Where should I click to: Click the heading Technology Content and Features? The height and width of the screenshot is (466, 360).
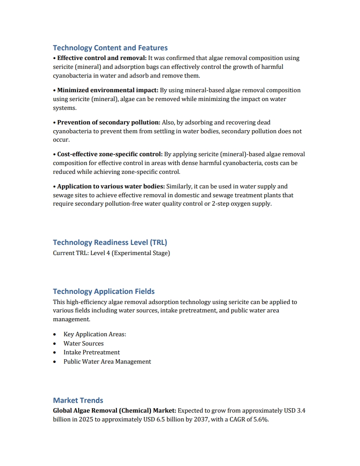[x=110, y=48]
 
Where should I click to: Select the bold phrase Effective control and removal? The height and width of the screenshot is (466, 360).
[x=101, y=58]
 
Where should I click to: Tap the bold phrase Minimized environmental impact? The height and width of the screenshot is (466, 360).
[x=108, y=90]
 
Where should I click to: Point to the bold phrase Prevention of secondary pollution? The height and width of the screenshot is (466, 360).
[x=109, y=122]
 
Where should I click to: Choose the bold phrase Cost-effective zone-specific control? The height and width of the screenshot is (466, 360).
[x=110, y=154]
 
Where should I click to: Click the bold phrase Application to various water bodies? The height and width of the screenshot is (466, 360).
[x=111, y=186]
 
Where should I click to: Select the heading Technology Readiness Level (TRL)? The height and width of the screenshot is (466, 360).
[x=110, y=242]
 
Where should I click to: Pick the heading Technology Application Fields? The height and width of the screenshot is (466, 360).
[x=104, y=291]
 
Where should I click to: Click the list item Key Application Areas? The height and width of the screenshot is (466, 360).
[x=95, y=334]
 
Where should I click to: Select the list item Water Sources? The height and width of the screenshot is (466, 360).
[x=83, y=343]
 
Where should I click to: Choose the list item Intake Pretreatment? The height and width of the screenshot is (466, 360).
[x=91, y=352]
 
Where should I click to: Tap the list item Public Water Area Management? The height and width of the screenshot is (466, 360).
[x=107, y=361]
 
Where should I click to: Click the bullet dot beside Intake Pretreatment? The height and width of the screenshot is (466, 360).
[x=54, y=353]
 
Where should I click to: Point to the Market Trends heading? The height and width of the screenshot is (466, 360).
[x=78, y=400]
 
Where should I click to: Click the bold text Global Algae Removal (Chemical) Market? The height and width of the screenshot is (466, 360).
[x=114, y=410]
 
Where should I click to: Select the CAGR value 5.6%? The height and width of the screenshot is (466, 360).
[x=260, y=419]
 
